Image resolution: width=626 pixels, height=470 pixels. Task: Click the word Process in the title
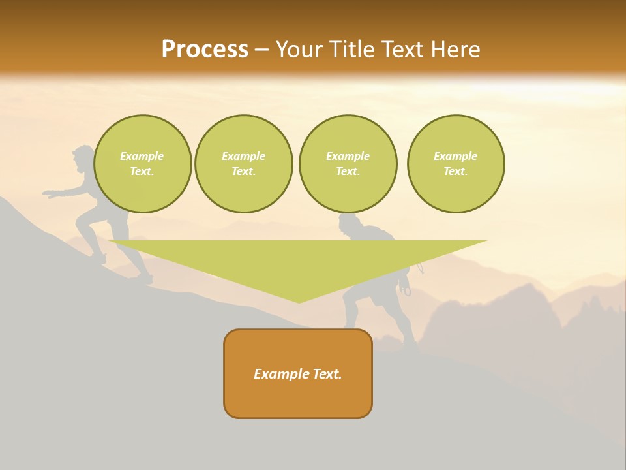[x=205, y=50]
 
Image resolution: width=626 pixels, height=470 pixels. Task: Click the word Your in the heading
[x=299, y=50]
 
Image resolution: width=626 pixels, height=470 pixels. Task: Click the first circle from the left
[x=143, y=164]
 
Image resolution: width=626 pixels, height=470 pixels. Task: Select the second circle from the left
[x=244, y=164]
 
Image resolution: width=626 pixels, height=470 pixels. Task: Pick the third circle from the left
[x=348, y=164]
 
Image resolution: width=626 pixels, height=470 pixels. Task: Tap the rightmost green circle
[x=456, y=164]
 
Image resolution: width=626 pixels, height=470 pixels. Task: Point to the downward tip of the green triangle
[x=299, y=301]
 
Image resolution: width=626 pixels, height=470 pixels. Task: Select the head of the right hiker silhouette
[x=349, y=224]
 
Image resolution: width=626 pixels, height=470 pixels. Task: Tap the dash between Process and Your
[x=261, y=50]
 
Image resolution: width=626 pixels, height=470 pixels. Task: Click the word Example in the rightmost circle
[x=455, y=156]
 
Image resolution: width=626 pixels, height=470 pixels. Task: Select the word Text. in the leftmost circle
[x=142, y=172]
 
